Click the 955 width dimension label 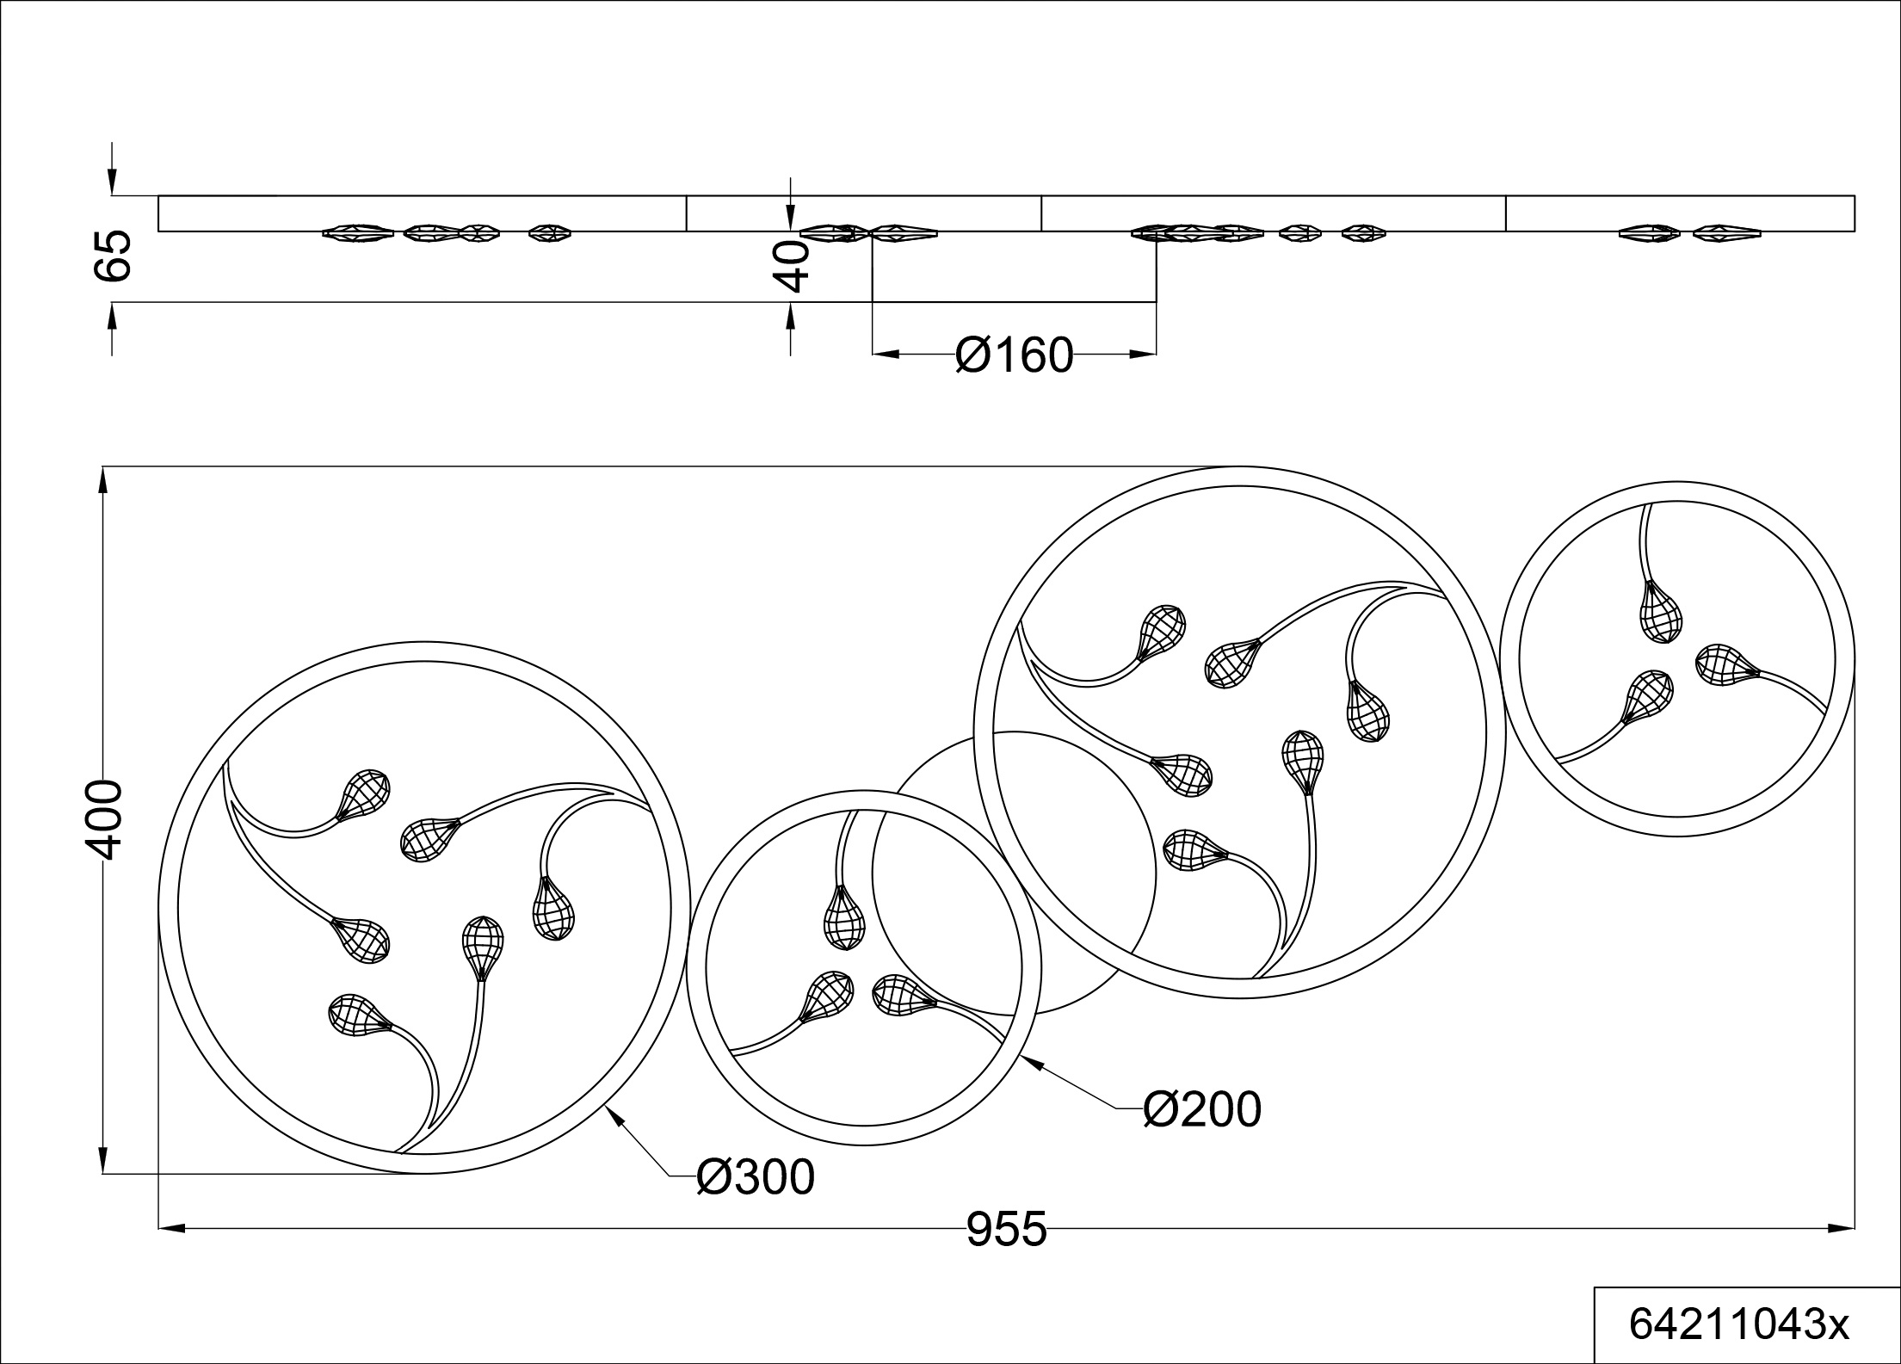click(1006, 1229)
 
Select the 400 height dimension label click(103, 820)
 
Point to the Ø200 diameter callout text click(1202, 1109)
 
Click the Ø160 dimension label click(1015, 355)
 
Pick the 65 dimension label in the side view click(112, 256)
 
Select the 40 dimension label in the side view click(790, 266)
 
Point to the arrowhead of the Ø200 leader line click(1030, 1062)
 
